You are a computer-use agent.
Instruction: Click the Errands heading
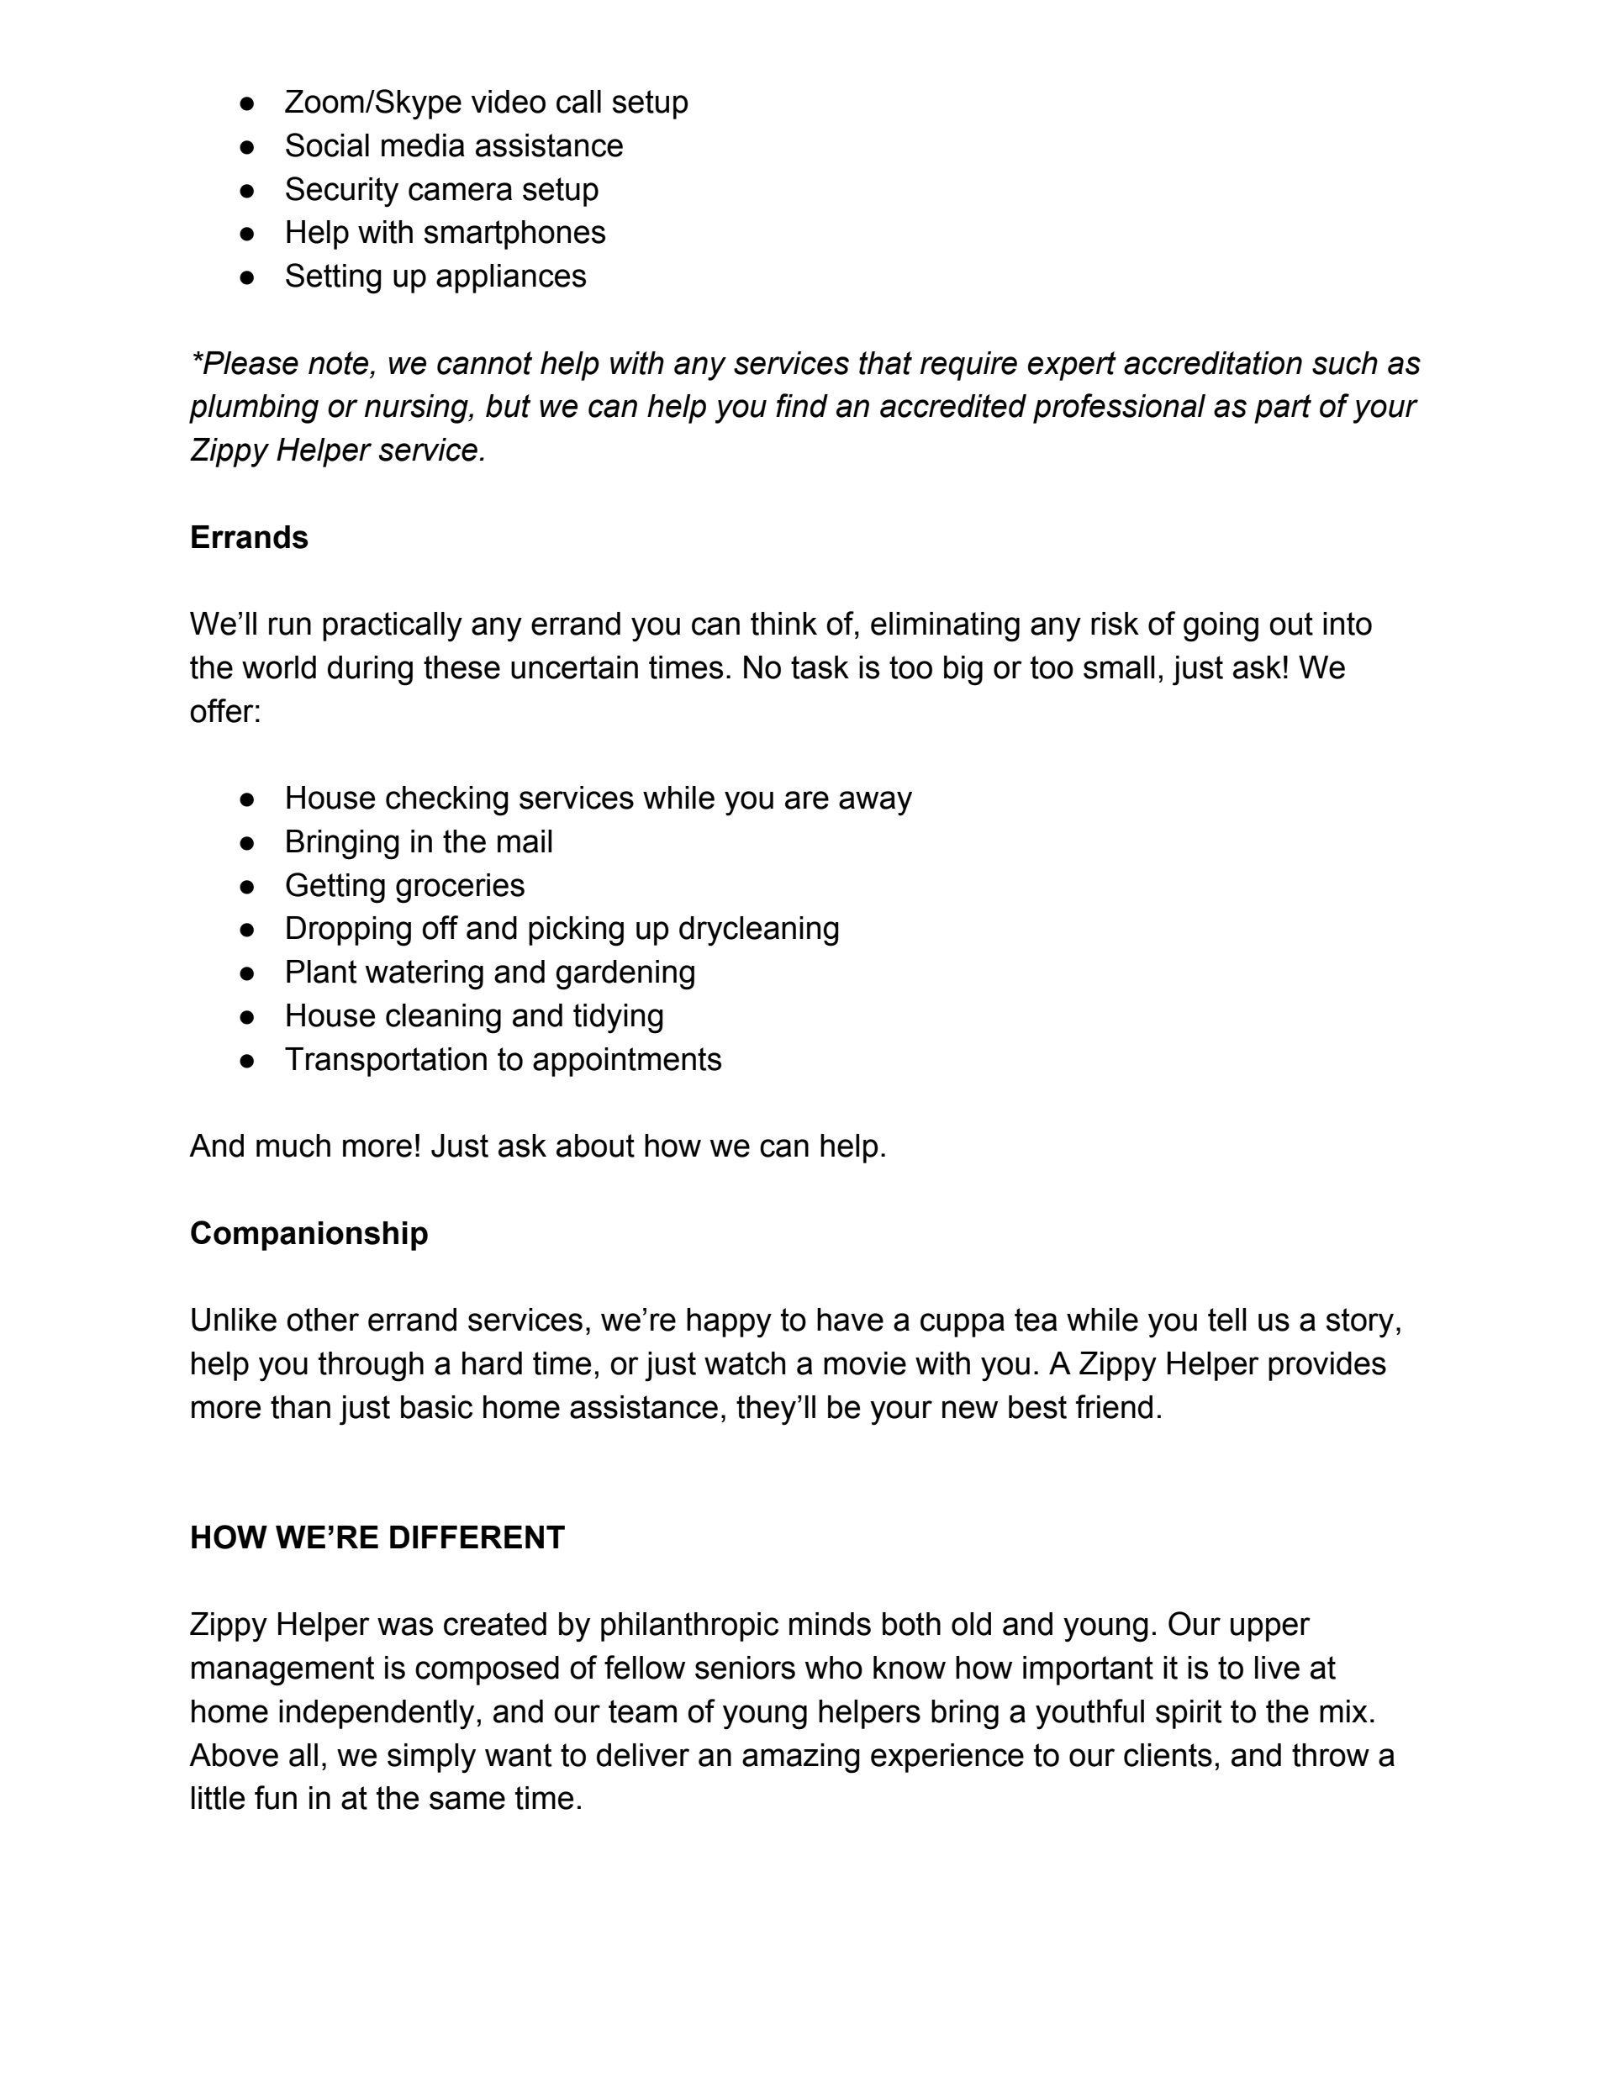(x=249, y=537)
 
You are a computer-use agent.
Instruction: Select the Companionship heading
(x=309, y=1233)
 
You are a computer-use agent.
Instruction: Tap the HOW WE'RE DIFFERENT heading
(x=377, y=1537)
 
